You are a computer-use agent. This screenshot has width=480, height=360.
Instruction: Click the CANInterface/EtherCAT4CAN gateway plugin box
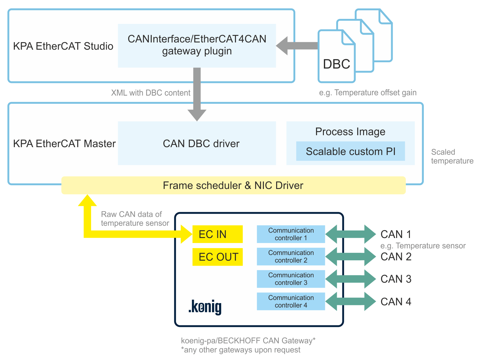(197, 45)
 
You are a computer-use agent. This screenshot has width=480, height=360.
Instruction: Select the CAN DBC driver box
(197, 143)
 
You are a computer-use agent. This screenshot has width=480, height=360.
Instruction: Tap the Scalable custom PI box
(350, 151)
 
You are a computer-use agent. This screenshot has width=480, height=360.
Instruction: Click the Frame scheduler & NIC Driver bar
(233, 186)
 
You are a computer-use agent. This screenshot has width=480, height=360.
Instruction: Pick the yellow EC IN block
(217, 234)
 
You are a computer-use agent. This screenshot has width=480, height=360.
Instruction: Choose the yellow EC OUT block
(217, 257)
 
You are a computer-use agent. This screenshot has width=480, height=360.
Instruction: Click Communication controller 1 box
(291, 234)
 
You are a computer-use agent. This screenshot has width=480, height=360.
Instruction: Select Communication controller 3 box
(291, 279)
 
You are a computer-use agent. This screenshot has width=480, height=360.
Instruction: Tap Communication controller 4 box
(291, 302)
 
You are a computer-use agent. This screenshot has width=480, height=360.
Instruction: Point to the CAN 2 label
(396, 257)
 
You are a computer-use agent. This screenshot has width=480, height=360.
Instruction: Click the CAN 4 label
(396, 302)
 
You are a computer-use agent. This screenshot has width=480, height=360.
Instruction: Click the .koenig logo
(205, 307)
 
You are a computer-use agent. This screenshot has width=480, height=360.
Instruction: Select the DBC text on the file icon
(336, 64)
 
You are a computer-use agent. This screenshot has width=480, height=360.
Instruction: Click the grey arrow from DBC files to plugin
(297, 46)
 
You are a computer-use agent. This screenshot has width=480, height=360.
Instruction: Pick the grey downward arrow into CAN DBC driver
(197, 94)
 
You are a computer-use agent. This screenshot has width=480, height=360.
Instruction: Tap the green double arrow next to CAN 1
(350, 234)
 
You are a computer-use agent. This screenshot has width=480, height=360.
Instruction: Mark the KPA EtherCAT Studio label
(63, 46)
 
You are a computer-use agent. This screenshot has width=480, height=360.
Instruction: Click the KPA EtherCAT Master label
(64, 144)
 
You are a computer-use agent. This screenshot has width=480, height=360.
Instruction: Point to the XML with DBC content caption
(150, 93)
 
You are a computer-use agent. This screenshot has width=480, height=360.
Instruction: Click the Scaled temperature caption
(452, 157)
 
